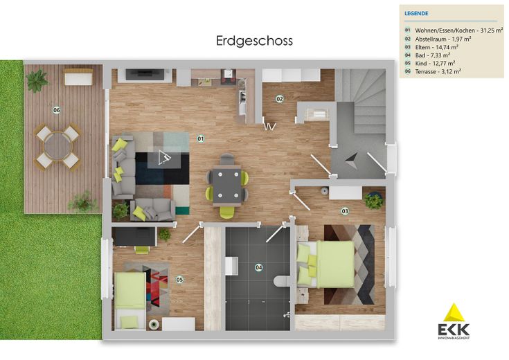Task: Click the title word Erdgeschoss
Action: (x=254, y=41)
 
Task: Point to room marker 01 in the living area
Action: (x=201, y=138)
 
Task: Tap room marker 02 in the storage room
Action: (x=280, y=98)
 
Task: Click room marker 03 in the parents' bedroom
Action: (x=344, y=210)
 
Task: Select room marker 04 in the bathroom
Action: (x=259, y=267)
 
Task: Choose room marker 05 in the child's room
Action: (x=179, y=280)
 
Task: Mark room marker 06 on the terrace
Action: (x=57, y=109)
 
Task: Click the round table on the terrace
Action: (x=58, y=145)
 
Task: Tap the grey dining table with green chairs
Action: (x=226, y=186)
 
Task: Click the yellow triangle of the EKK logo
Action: (x=454, y=312)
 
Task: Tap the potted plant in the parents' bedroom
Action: (x=374, y=201)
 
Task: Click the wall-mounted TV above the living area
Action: (x=145, y=73)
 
